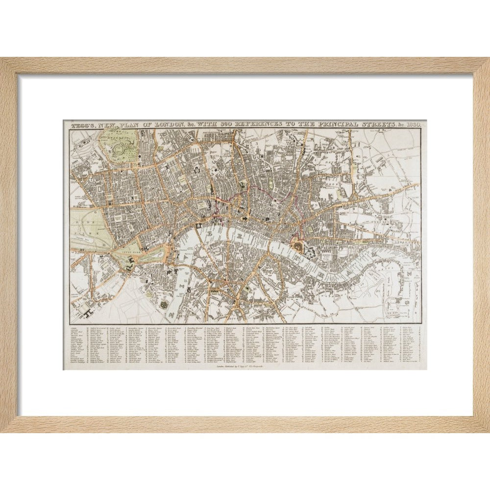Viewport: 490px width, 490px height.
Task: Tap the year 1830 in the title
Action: click(416, 125)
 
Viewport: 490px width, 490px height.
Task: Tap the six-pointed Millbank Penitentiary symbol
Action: click(164, 305)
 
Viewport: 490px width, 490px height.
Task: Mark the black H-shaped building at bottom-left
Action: click(90, 309)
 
